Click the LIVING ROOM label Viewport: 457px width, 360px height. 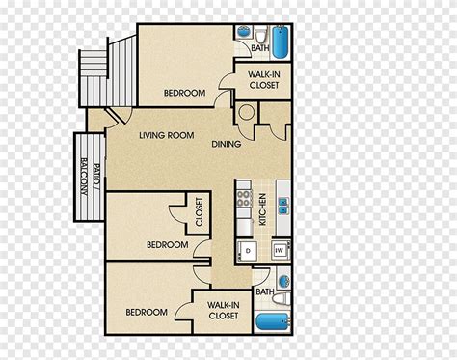[167, 135]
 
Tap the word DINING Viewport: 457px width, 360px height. [227, 144]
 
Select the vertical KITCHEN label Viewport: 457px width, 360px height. [262, 209]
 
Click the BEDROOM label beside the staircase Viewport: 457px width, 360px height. [184, 93]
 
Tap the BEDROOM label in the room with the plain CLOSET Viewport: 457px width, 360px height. [168, 245]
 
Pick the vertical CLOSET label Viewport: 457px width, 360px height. [199, 211]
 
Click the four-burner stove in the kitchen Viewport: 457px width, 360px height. [244, 199]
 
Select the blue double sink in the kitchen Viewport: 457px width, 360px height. [283, 206]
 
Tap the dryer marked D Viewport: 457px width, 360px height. [248, 251]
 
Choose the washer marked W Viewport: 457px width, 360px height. [281, 250]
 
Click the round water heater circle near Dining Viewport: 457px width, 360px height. [247, 112]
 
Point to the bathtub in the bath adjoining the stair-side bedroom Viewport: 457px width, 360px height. [281, 42]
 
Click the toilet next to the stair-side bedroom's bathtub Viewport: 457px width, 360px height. [261, 35]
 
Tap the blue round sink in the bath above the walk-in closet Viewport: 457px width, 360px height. [243, 33]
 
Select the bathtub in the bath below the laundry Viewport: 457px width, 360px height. [273, 321]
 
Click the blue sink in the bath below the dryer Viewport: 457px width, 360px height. [284, 282]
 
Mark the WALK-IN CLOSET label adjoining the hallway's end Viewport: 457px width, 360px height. [224, 311]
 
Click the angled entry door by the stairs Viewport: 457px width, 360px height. [115, 116]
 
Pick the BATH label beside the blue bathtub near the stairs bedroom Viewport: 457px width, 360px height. [260, 48]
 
